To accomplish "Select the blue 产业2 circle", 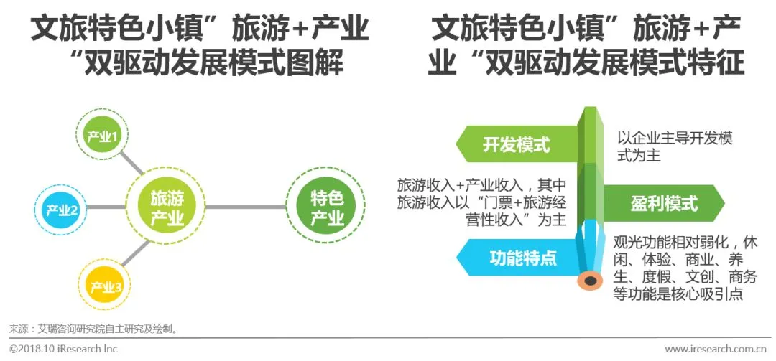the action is (x=61, y=210).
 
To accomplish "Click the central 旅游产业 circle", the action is (x=167, y=208).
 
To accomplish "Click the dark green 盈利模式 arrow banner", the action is (x=661, y=204).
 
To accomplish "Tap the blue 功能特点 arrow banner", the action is (x=516, y=257).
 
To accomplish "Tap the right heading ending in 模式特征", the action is (x=586, y=47).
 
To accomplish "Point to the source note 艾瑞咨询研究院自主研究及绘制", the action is (x=93, y=329).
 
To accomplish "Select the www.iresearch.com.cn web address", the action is (x=716, y=349).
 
